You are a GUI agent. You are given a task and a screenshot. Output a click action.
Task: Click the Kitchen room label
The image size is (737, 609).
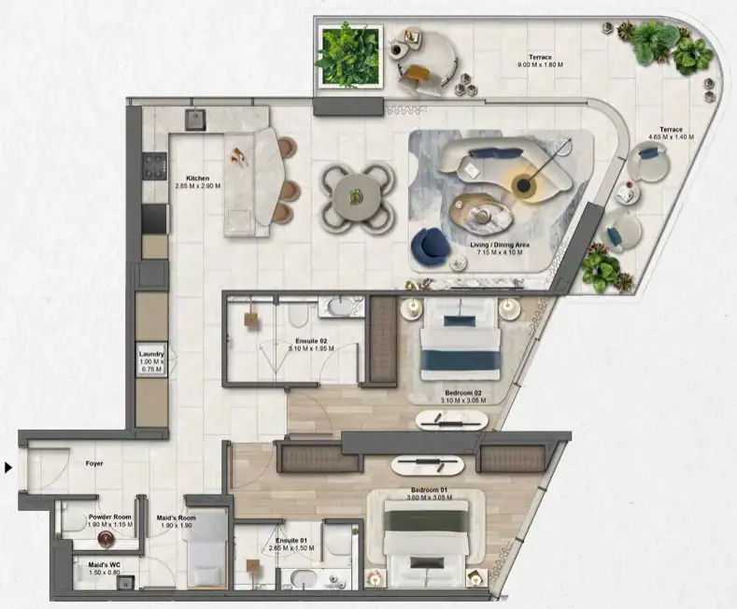[x=197, y=177]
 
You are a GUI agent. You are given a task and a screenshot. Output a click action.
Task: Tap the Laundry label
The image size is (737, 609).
[x=151, y=355]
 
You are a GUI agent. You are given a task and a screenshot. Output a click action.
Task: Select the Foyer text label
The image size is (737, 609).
[x=93, y=463]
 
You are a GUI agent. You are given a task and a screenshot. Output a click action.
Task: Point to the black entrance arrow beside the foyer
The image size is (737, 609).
[x=9, y=467]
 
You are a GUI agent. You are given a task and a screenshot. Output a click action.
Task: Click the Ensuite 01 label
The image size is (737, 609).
[x=291, y=541]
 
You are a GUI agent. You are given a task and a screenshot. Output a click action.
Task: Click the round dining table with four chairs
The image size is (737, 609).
[x=354, y=196]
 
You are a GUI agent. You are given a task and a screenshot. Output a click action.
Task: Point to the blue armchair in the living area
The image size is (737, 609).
[x=430, y=246]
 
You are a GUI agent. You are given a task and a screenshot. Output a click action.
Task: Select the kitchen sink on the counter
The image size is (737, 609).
[x=197, y=119]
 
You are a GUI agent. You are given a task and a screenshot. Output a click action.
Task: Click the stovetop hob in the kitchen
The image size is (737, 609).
[x=154, y=169]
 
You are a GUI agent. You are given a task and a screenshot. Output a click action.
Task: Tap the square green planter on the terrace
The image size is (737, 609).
[x=349, y=56]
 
